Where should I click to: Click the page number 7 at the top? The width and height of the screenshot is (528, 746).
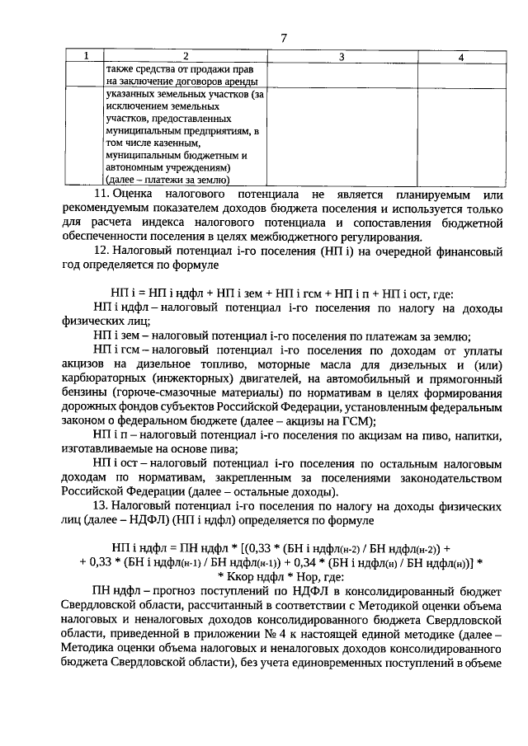[x=283, y=38]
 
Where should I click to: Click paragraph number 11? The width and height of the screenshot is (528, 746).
[x=101, y=194]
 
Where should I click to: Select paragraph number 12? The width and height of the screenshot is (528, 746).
[x=101, y=251]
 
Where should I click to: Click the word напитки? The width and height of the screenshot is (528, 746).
[x=476, y=434]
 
